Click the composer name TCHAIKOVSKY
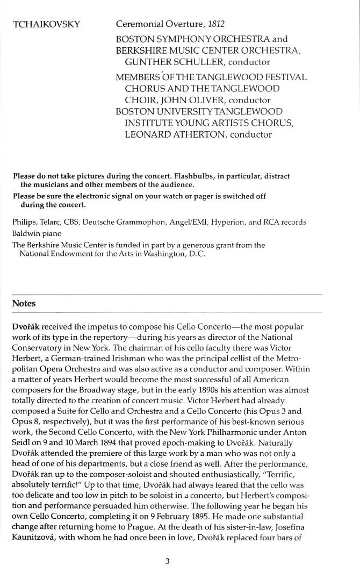click(x=46, y=24)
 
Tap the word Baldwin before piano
click(x=25, y=234)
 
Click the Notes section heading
click(x=24, y=303)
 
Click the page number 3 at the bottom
click(x=168, y=561)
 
